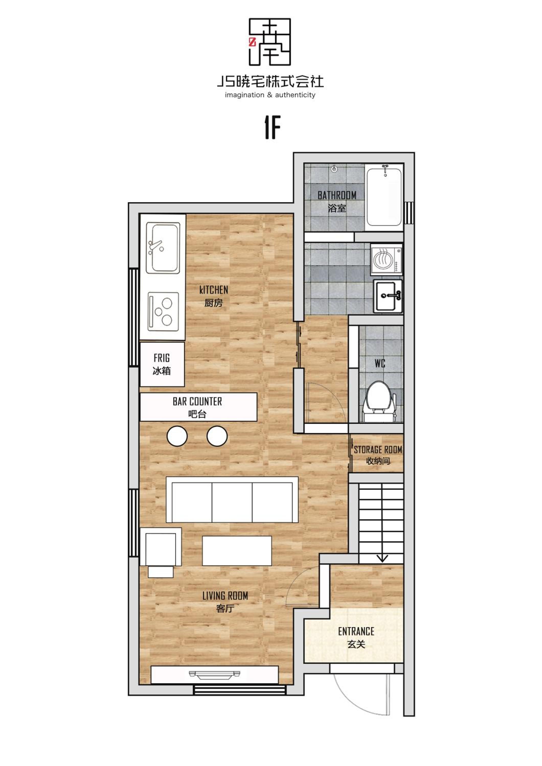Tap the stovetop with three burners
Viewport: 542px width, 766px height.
(x=163, y=311)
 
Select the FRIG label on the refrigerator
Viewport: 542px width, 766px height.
(x=162, y=358)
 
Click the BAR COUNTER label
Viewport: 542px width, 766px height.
(x=197, y=401)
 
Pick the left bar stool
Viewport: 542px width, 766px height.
(x=177, y=436)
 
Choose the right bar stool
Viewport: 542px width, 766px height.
(x=217, y=436)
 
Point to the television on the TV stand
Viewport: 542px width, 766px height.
(x=215, y=675)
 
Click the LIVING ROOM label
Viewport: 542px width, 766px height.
(x=225, y=596)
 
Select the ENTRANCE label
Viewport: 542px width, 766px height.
(x=356, y=631)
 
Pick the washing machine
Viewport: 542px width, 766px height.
(x=386, y=260)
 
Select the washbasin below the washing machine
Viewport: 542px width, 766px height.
(x=388, y=296)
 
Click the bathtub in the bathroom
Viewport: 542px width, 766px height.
(x=384, y=197)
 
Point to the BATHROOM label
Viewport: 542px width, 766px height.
(x=337, y=195)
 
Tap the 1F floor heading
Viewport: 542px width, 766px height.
(x=272, y=127)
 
